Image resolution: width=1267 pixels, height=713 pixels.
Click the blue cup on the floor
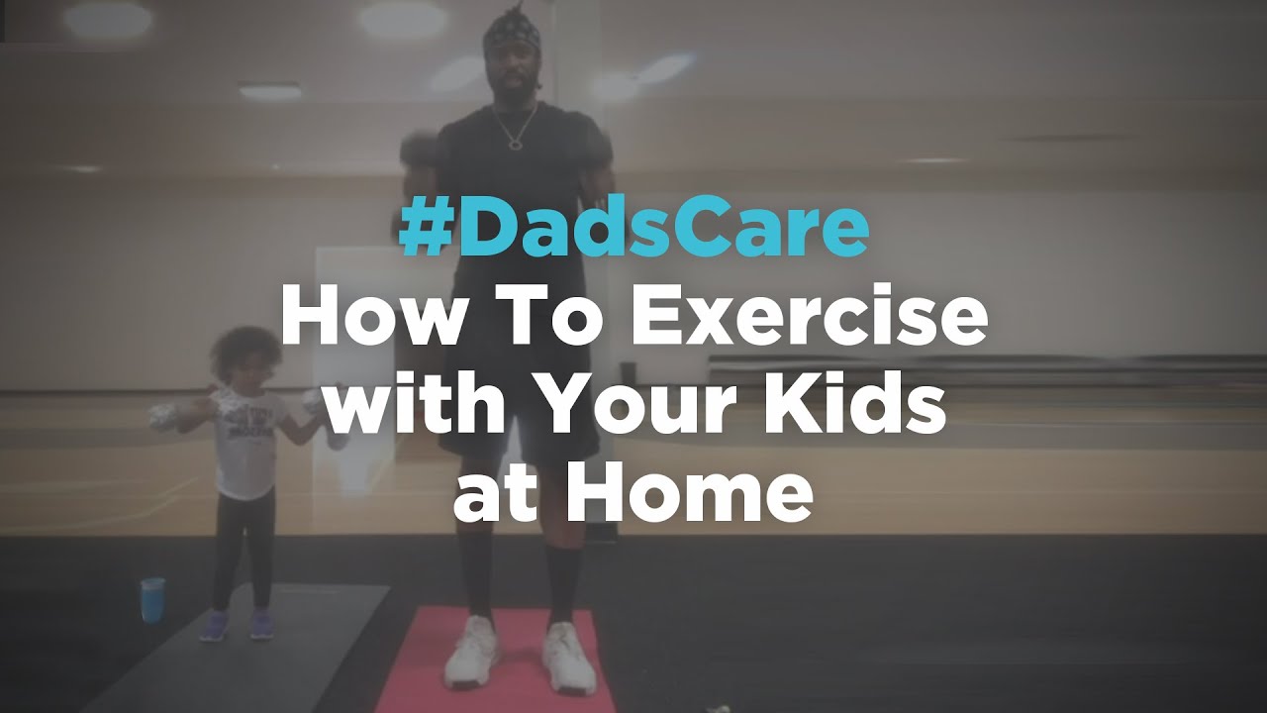152,599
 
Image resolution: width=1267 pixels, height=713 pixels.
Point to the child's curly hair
245,351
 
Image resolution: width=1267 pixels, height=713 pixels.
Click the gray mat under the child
238,651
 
